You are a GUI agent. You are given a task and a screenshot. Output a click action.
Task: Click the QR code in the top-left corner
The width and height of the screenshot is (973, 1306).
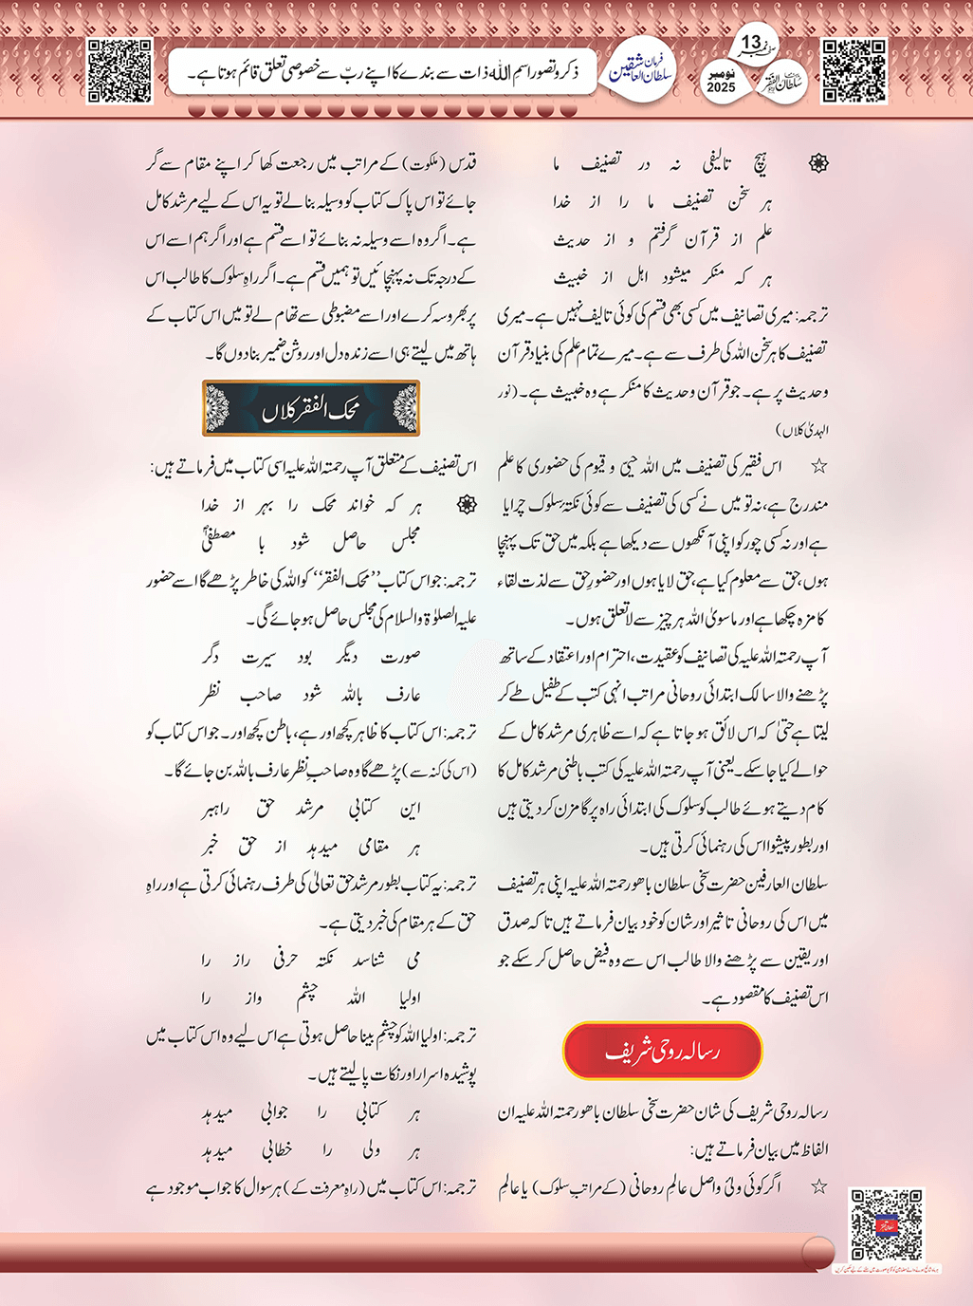(119, 71)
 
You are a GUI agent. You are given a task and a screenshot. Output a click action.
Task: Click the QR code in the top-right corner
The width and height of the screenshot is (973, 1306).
(854, 71)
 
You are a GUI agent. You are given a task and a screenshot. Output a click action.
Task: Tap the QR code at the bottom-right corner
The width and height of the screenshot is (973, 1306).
(886, 1224)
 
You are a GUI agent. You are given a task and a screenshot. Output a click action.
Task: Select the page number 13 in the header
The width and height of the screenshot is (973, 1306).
(751, 43)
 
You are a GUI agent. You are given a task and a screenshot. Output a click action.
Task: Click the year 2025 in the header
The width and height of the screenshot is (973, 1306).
(721, 87)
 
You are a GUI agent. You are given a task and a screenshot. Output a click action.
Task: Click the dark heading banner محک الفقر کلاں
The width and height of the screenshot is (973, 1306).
(311, 409)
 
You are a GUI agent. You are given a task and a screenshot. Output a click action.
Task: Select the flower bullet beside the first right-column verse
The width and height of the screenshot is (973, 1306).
(817, 164)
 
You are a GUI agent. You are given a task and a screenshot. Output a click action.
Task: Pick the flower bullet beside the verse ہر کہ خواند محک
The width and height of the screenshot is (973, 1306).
(467, 505)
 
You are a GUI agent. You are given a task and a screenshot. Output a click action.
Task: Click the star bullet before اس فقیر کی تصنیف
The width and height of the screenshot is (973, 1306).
(818, 466)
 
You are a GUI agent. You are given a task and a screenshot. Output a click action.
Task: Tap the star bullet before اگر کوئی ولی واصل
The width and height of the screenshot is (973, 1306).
(818, 1186)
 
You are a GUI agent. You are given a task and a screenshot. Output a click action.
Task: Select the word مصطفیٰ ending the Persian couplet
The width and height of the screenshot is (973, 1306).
(219, 541)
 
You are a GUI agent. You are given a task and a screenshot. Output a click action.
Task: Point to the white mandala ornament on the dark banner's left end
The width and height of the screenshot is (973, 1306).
(218, 409)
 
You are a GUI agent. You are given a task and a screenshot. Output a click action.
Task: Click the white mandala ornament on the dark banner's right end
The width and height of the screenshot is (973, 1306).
(405, 409)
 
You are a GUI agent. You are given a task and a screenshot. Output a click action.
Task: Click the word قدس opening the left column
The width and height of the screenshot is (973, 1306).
(459, 163)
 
